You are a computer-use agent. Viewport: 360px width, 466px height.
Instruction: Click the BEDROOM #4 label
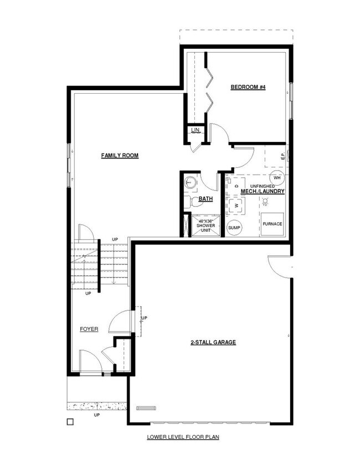click(x=248, y=87)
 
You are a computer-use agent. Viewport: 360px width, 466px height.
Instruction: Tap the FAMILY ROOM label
click(x=120, y=156)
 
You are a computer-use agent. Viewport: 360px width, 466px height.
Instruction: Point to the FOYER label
click(x=89, y=329)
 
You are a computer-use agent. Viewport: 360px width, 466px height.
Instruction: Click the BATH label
click(x=205, y=198)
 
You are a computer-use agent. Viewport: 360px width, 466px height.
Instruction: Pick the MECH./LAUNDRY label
click(x=263, y=192)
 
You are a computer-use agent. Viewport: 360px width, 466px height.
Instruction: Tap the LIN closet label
click(x=195, y=130)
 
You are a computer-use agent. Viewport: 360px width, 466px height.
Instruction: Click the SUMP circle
click(x=234, y=228)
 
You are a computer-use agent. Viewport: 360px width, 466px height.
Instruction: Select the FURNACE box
click(x=272, y=224)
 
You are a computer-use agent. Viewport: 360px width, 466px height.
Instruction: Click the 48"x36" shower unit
click(x=205, y=226)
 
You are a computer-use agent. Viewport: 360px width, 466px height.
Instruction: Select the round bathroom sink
click(x=191, y=181)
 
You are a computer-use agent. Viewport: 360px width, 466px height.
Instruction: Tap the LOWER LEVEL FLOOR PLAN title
click(x=183, y=437)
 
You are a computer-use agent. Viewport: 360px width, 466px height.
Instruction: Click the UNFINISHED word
click(x=263, y=186)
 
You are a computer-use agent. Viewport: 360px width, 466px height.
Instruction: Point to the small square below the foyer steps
click(x=70, y=422)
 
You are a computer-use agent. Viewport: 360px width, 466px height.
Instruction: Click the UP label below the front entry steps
click(x=96, y=415)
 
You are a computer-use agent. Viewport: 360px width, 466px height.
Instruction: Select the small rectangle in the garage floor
click(x=144, y=408)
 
